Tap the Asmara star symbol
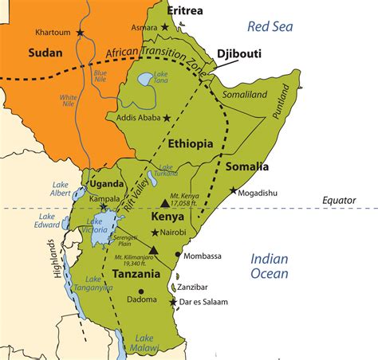tap(165, 27)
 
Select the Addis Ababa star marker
tap(167, 118)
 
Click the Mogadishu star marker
tap(234, 190)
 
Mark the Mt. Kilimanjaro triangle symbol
tap(154, 250)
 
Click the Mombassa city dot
tap(178, 257)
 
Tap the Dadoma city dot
tap(141, 292)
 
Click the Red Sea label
tap(272, 26)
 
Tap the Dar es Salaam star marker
tap(173, 302)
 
